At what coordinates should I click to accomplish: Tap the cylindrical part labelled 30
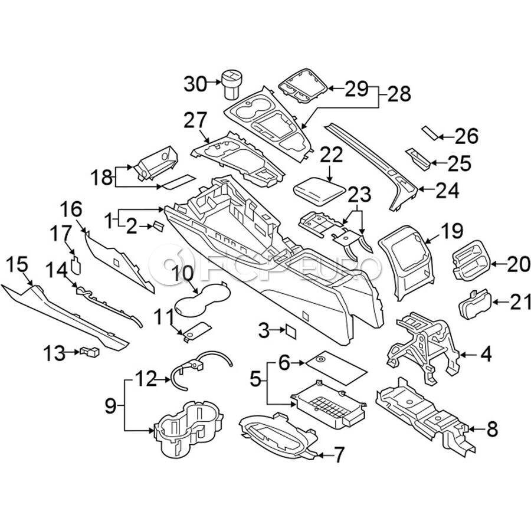click(231, 84)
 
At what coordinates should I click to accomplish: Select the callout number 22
click(332, 155)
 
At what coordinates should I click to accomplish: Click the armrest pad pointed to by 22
click(319, 190)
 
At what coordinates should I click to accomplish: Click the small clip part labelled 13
click(91, 352)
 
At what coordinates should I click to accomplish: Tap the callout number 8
click(492, 430)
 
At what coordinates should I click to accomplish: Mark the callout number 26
click(466, 137)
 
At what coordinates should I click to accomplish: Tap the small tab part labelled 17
click(76, 263)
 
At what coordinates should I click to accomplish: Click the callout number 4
click(485, 355)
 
